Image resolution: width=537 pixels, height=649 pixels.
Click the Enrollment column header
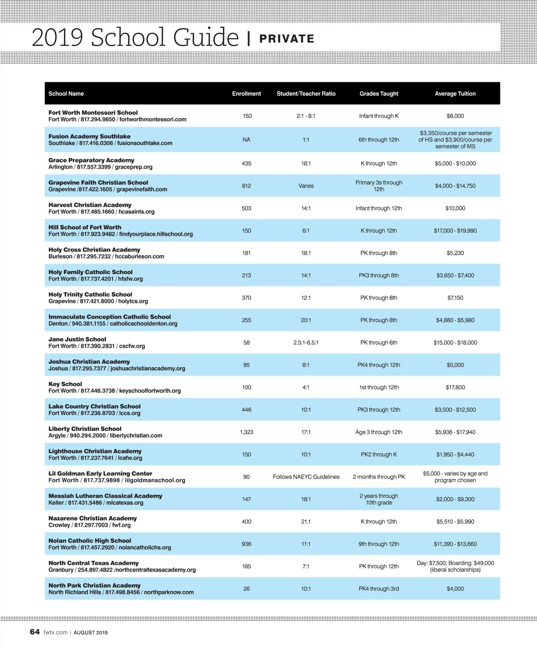[246, 94]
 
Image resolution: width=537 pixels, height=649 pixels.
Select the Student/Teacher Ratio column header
[306, 94]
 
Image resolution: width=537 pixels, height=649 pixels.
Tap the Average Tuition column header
[455, 94]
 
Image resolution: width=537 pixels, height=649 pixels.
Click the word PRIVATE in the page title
[287, 39]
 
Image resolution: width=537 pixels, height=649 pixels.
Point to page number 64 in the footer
[34, 632]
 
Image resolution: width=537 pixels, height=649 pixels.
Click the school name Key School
[65, 384]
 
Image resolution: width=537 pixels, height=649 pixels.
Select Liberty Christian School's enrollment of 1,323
[247, 432]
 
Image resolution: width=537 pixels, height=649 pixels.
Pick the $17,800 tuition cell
[455, 387]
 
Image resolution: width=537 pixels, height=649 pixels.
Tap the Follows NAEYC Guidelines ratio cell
[306, 477]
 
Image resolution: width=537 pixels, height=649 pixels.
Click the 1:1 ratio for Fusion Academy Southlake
[306, 140]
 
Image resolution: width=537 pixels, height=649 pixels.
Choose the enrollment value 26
[247, 589]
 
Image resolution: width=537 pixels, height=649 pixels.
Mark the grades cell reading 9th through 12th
[379, 544]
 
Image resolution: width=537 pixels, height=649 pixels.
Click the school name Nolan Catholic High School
[90, 541]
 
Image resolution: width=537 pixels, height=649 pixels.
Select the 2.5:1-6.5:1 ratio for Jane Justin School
[306, 342]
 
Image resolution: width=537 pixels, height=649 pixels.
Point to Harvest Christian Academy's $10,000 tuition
[455, 208]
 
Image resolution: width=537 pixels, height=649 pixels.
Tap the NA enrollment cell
[247, 140]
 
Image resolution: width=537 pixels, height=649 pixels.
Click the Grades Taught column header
[379, 94]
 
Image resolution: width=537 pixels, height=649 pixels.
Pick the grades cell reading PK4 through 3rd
[379, 589]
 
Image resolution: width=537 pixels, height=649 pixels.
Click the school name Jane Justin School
[77, 339]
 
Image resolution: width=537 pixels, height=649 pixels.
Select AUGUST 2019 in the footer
[90, 632]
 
